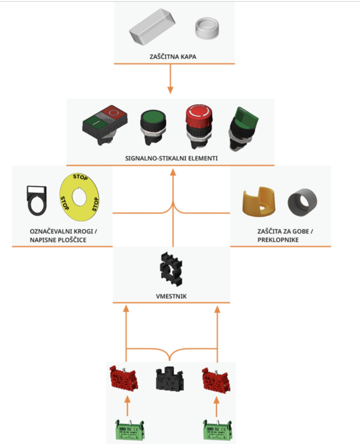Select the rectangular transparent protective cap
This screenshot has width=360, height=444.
click(x=152, y=28)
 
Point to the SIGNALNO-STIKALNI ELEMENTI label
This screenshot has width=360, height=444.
click(x=171, y=158)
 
